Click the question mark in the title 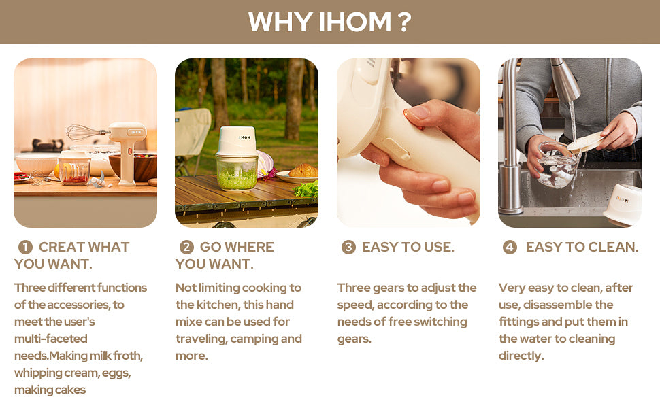coord(404,22)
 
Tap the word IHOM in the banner coord(355,22)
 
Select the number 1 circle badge coord(25,247)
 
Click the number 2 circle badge coord(186,247)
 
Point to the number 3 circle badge coord(348,247)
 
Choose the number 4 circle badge coord(510,247)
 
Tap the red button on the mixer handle coord(130,151)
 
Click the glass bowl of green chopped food coord(237,173)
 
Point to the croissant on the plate coord(303,171)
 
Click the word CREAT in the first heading coord(58,247)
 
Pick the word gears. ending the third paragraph coord(354,339)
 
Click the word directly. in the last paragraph coord(521,356)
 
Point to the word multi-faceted coord(51,339)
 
